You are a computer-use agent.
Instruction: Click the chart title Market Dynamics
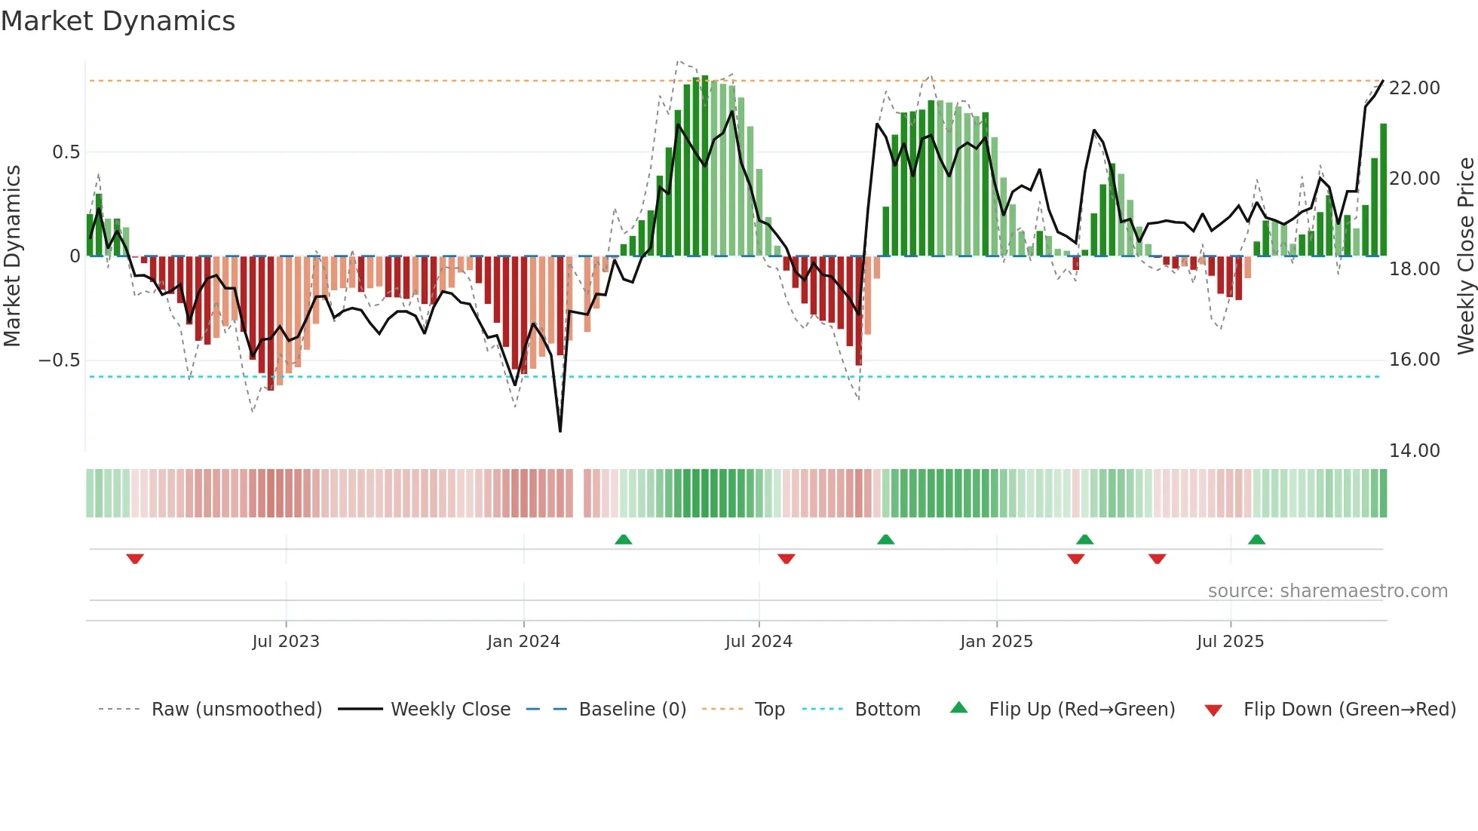[118, 21]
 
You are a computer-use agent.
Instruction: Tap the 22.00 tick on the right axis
[1414, 88]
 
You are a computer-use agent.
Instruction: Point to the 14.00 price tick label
[1414, 451]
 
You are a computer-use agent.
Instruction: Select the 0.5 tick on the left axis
[66, 152]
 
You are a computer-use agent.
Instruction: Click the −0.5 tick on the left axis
[60, 360]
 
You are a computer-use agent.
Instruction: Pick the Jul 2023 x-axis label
[286, 642]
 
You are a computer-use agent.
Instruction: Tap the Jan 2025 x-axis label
[996, 642]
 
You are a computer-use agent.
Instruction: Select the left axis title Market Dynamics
[12, 256]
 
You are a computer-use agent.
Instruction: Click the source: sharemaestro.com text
[1327, 591]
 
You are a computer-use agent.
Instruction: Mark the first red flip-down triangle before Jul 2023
[135, 559]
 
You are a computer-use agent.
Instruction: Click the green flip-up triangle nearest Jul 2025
[1256, 540]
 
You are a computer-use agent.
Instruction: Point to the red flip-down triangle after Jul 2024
[786, 559]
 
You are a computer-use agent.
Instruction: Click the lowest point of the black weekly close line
[560, 431]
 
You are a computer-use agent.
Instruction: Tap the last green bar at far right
[1383, 190]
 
